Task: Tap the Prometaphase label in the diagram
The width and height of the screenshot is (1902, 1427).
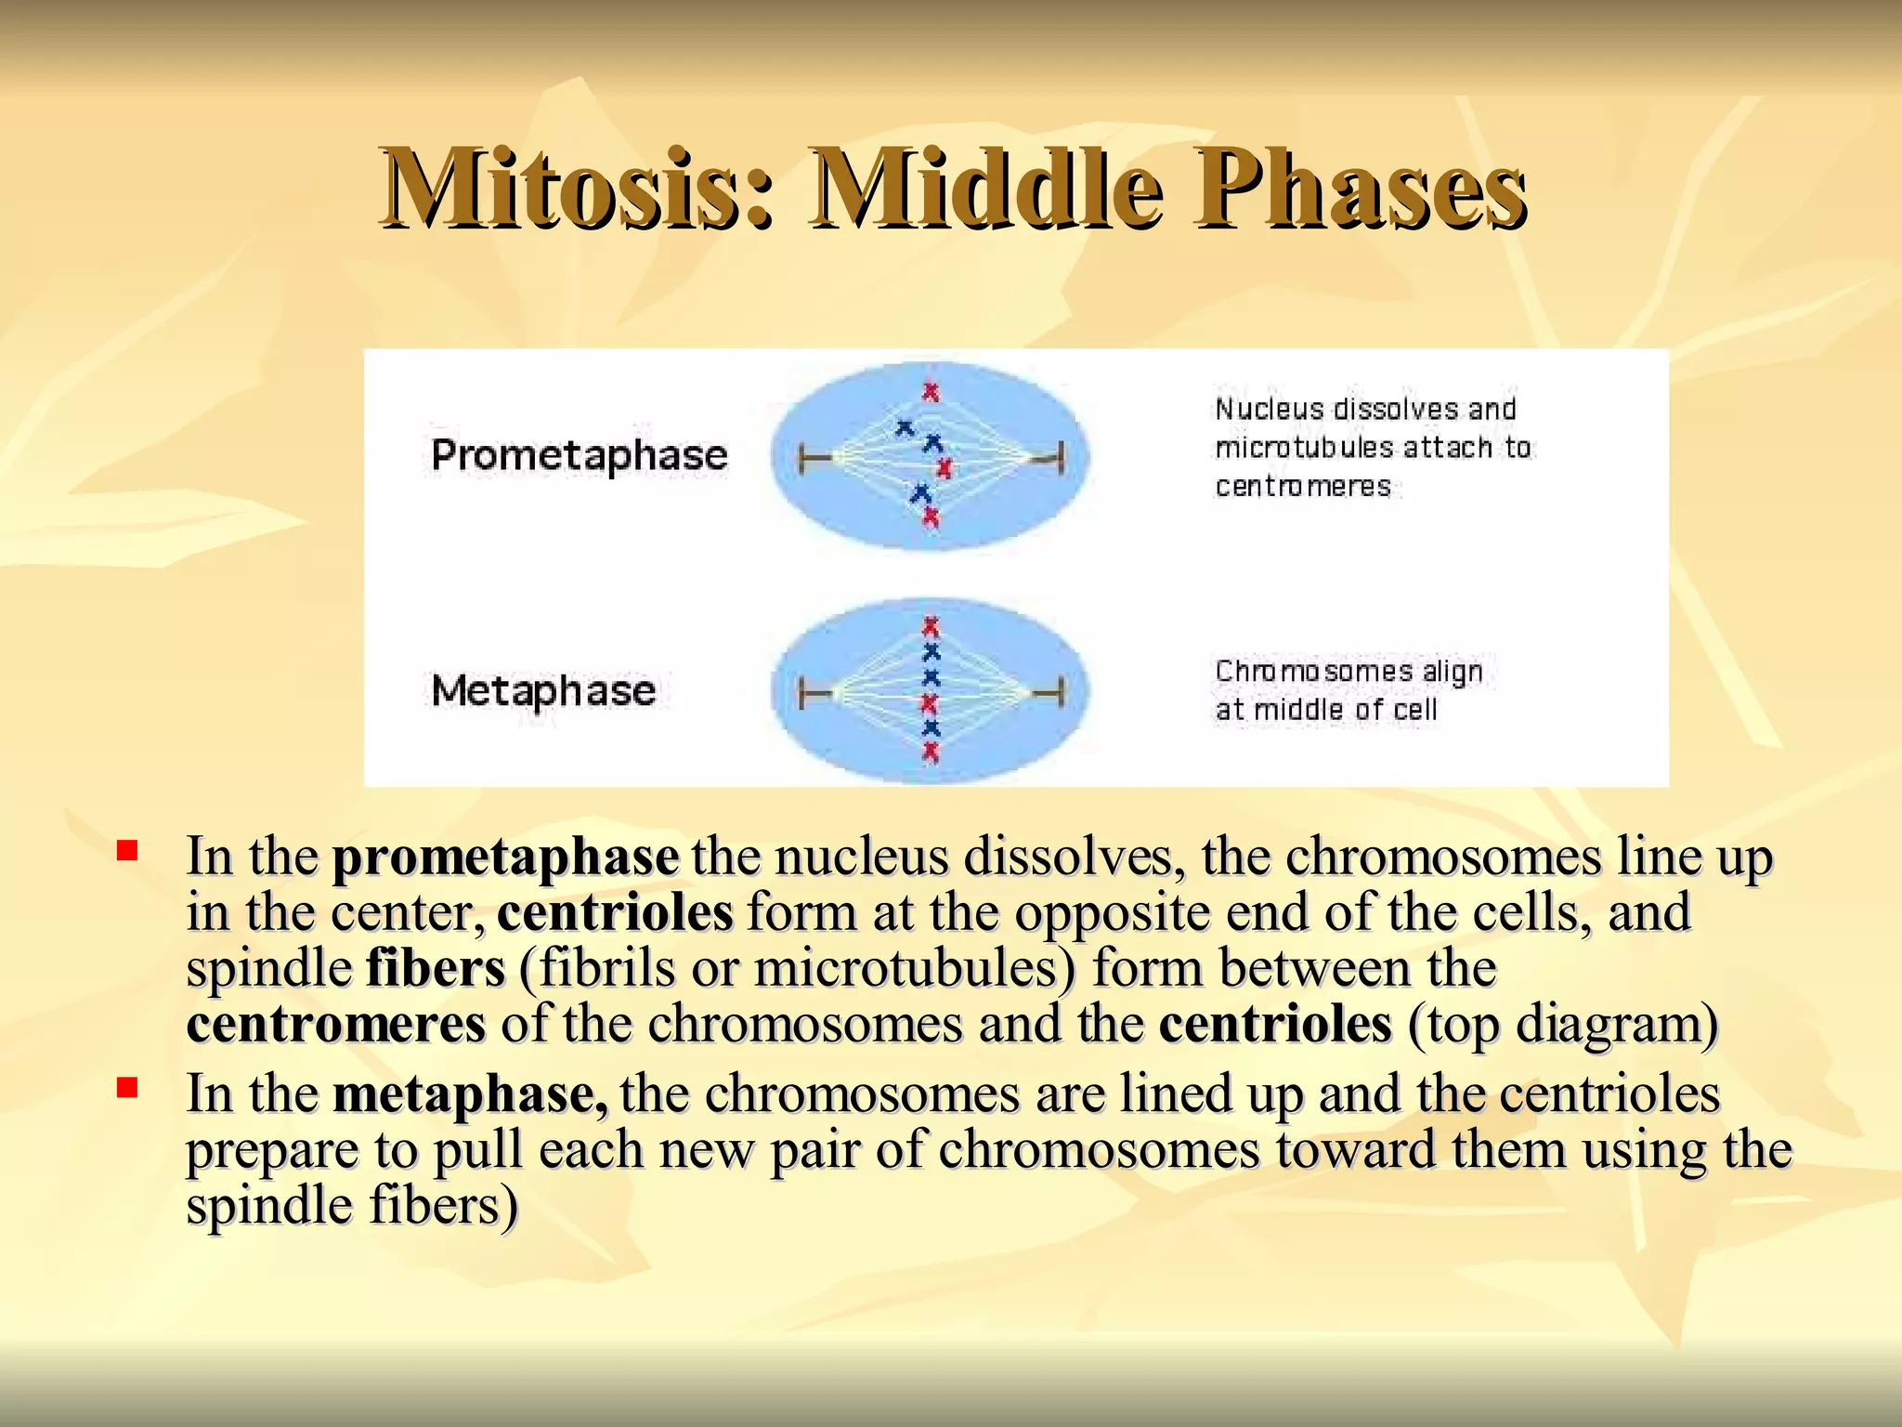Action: point(579,455)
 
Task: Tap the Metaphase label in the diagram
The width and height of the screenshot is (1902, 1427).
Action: point(543,690)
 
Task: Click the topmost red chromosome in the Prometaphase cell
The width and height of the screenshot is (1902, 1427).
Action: point(930,392)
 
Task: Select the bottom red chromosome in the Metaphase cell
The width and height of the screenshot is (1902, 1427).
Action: point(931,751)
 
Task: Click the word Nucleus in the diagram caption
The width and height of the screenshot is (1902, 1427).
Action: point(1269,409)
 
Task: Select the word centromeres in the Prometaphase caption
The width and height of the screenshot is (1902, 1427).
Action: point(1302,486)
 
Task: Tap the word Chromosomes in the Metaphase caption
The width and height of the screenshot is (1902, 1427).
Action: point(1313,671)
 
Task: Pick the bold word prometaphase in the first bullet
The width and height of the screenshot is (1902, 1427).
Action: point(505,857)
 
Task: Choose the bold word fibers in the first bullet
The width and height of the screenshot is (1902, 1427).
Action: point(435,968)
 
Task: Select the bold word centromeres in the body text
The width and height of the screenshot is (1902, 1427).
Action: point(335,1024)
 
